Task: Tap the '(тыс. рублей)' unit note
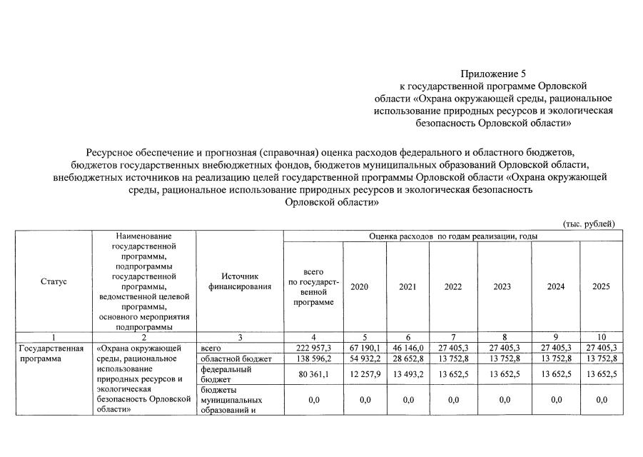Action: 589,224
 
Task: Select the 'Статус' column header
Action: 54,281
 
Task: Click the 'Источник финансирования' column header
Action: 239,281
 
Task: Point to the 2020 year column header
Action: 360,286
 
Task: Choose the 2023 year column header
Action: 504,286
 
